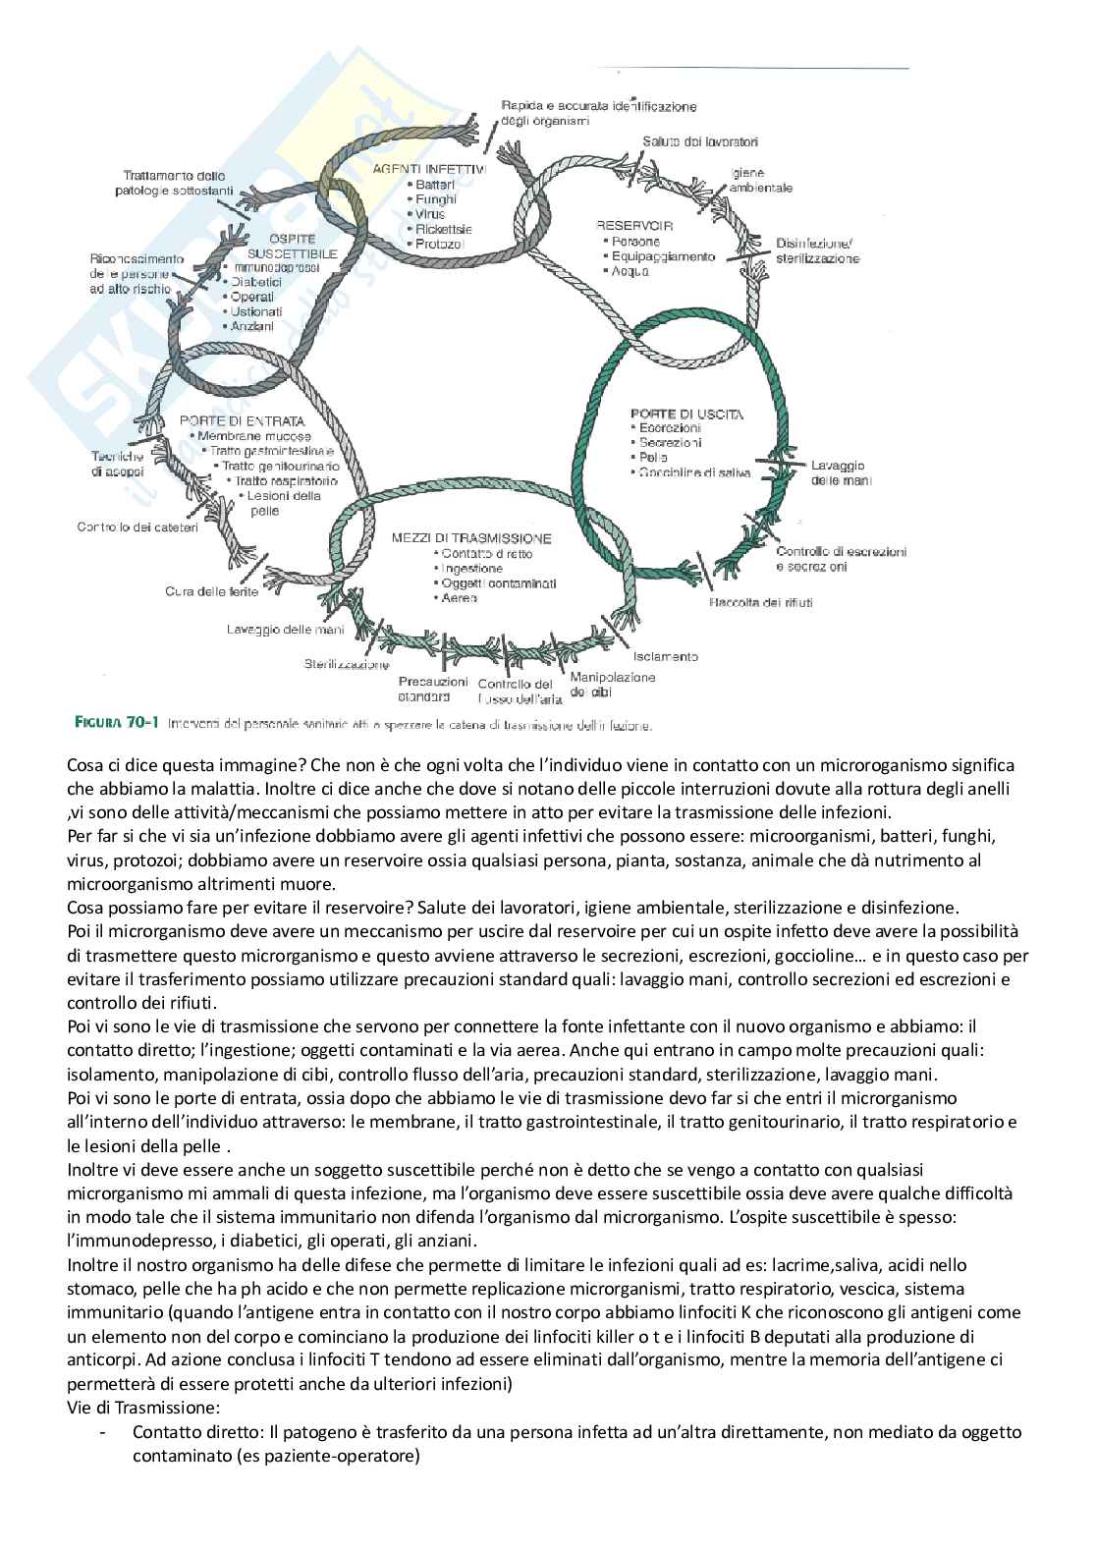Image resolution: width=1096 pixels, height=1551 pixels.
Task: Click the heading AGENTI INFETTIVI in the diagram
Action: (x=429, y=169)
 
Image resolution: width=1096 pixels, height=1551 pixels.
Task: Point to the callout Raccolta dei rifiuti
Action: (x=760, y=602)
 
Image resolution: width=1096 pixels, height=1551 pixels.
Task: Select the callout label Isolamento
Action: (x=665, y=656)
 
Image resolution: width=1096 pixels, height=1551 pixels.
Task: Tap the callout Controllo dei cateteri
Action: (x=137, y=527)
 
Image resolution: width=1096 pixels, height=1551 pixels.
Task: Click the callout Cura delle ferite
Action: (x=211, y=591)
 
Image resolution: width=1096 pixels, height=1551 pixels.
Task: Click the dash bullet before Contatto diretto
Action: (x=103, y=1432)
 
